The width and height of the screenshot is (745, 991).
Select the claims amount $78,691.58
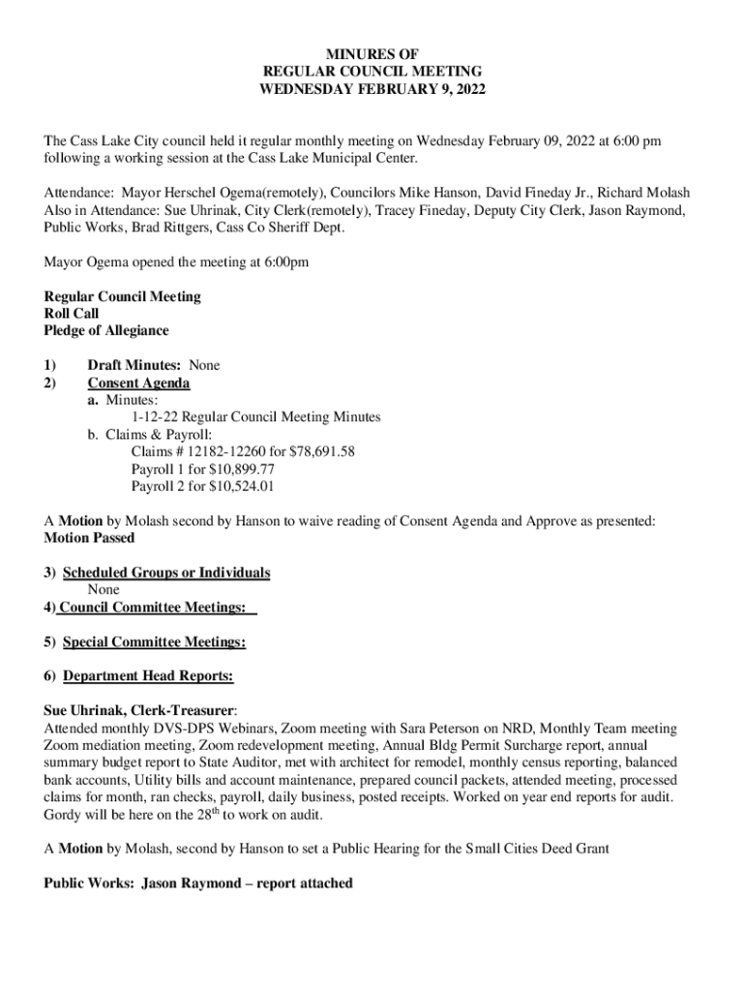(321, 452)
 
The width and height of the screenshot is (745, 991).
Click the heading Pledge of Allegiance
(106, 331)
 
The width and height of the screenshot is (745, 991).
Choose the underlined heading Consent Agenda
(138, 383)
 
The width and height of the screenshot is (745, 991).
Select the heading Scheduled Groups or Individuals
(166, 573)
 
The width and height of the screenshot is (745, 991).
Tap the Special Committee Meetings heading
(154, 642)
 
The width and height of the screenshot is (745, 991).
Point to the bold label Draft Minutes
(134, 366)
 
